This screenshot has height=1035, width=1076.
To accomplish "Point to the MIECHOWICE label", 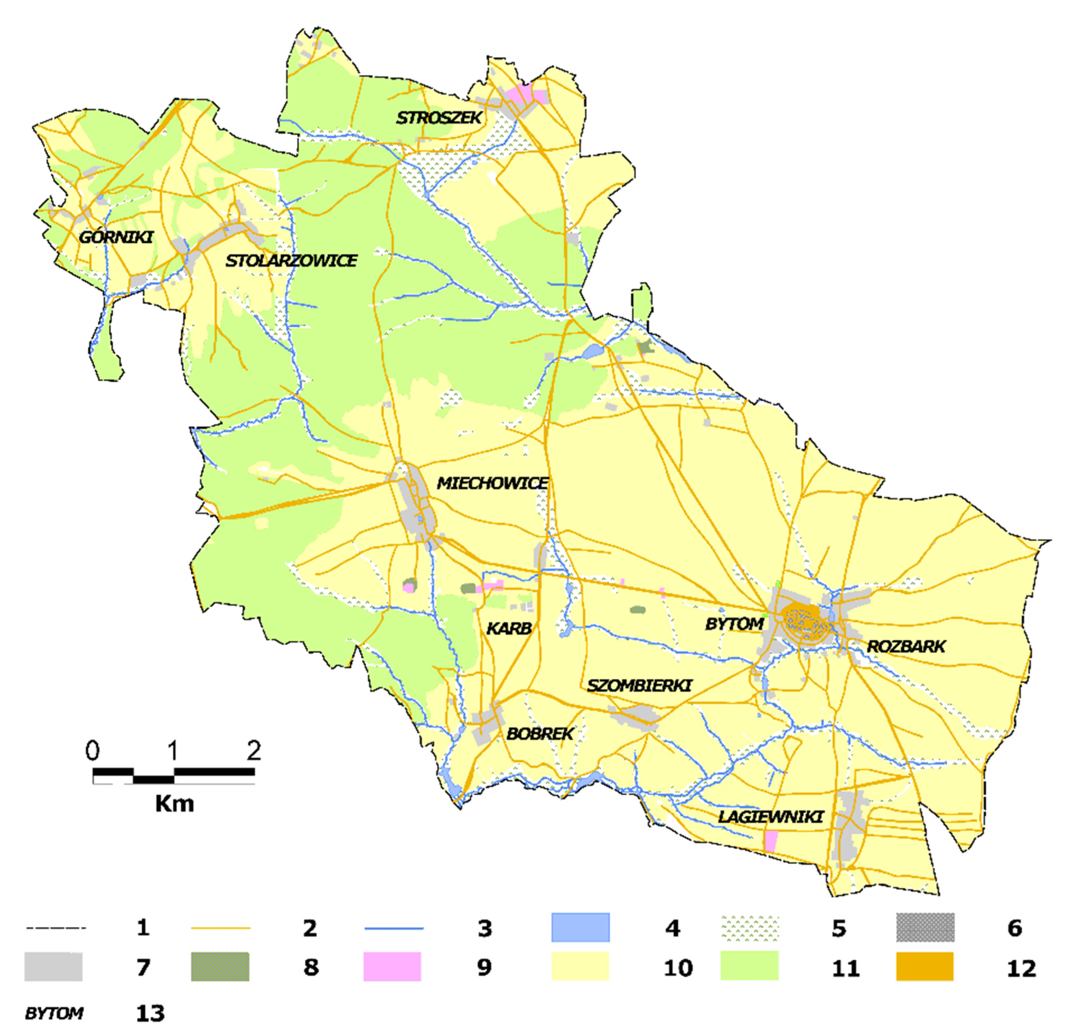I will (493, 483).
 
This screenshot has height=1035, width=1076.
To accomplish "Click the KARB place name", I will (509, 628).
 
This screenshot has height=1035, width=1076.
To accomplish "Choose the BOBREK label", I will (540, 734).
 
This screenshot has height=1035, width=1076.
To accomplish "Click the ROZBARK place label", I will (906, 646).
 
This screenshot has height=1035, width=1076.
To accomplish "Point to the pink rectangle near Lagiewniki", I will (771, 841).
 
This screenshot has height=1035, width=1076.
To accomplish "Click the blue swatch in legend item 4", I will (580, 928).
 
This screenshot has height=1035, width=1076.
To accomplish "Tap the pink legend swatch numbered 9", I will (392, 967).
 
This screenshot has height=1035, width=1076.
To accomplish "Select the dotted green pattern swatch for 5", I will (749, 928).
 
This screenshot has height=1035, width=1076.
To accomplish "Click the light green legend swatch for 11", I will (749, 967).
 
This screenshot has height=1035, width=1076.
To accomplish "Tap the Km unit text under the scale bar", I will (174, 804).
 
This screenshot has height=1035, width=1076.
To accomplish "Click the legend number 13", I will (150, 1013).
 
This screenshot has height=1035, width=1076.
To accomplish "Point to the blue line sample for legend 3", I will (394, 929).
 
